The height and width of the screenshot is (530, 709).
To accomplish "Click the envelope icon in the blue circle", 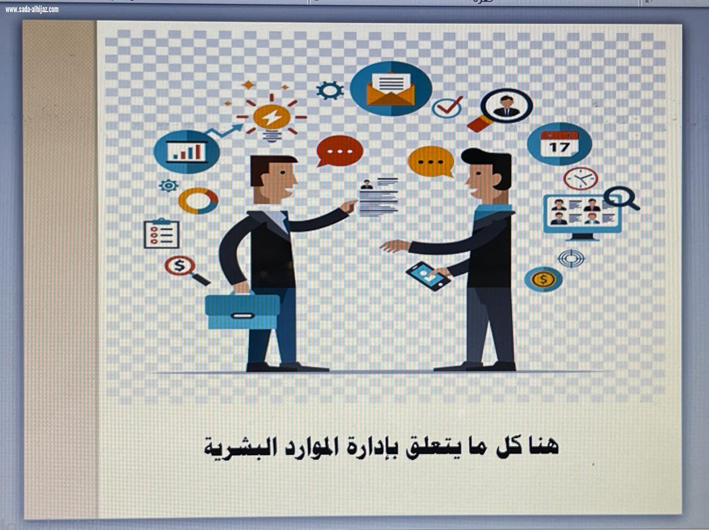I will point(391,89).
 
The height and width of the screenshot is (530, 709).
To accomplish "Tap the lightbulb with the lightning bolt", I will point(271,117).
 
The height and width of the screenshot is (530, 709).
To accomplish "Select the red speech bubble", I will point(340,150).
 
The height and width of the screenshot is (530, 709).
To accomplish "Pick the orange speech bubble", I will point(431,161).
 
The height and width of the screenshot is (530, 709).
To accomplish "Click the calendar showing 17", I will point(559,143).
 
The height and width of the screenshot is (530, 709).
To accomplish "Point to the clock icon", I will point(580,178).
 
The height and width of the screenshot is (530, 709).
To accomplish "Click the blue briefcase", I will point(243,311).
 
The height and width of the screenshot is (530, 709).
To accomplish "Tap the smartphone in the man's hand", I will point(428,275).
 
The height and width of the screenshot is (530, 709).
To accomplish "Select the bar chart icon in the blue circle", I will point(186,151).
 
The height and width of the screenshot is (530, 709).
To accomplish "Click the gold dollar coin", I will point(543,279).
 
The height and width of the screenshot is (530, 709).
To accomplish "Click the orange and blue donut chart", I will point(198,200).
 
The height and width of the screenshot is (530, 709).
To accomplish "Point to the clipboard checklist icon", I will point(162,234).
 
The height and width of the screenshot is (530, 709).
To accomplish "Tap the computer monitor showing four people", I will point(582,213).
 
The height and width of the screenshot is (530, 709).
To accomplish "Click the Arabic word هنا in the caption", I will point(543,445).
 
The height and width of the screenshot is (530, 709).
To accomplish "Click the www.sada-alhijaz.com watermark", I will point(32,9).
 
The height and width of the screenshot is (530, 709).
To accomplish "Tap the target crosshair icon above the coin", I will point(571,258).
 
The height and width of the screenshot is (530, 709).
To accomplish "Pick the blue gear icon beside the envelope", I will point(330,90).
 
